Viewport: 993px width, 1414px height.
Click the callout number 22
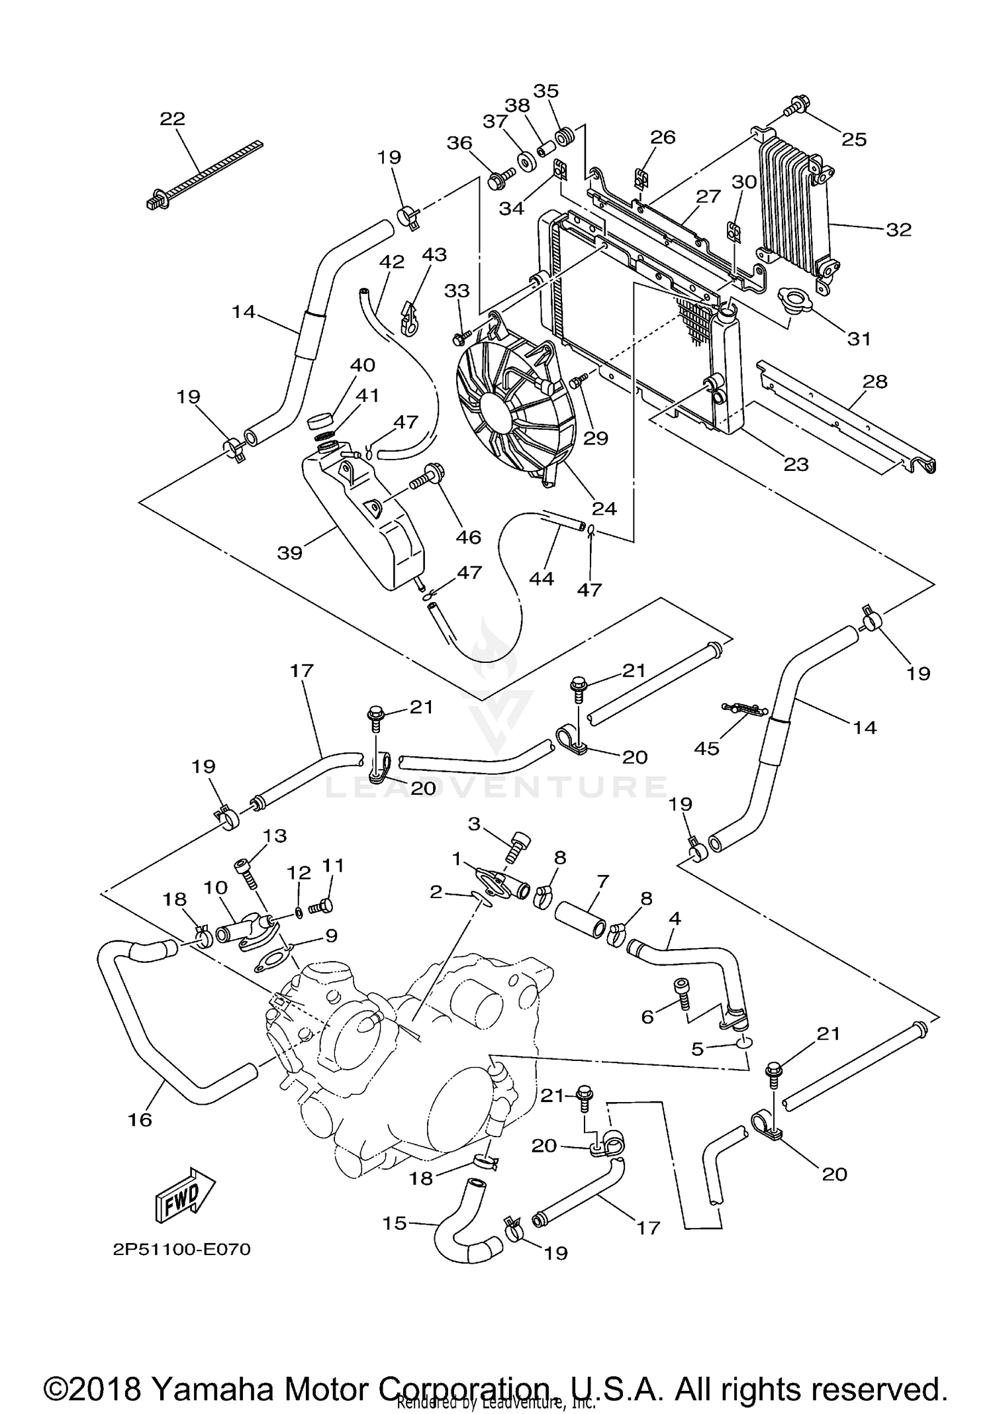(x=173, y=119)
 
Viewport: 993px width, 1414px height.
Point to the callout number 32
(x=898, y=230)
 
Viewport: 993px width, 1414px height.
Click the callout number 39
(x=290, y=552)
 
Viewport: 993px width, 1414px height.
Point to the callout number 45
(x=706, y=748)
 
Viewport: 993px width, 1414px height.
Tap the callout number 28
(x=875, y=381)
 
